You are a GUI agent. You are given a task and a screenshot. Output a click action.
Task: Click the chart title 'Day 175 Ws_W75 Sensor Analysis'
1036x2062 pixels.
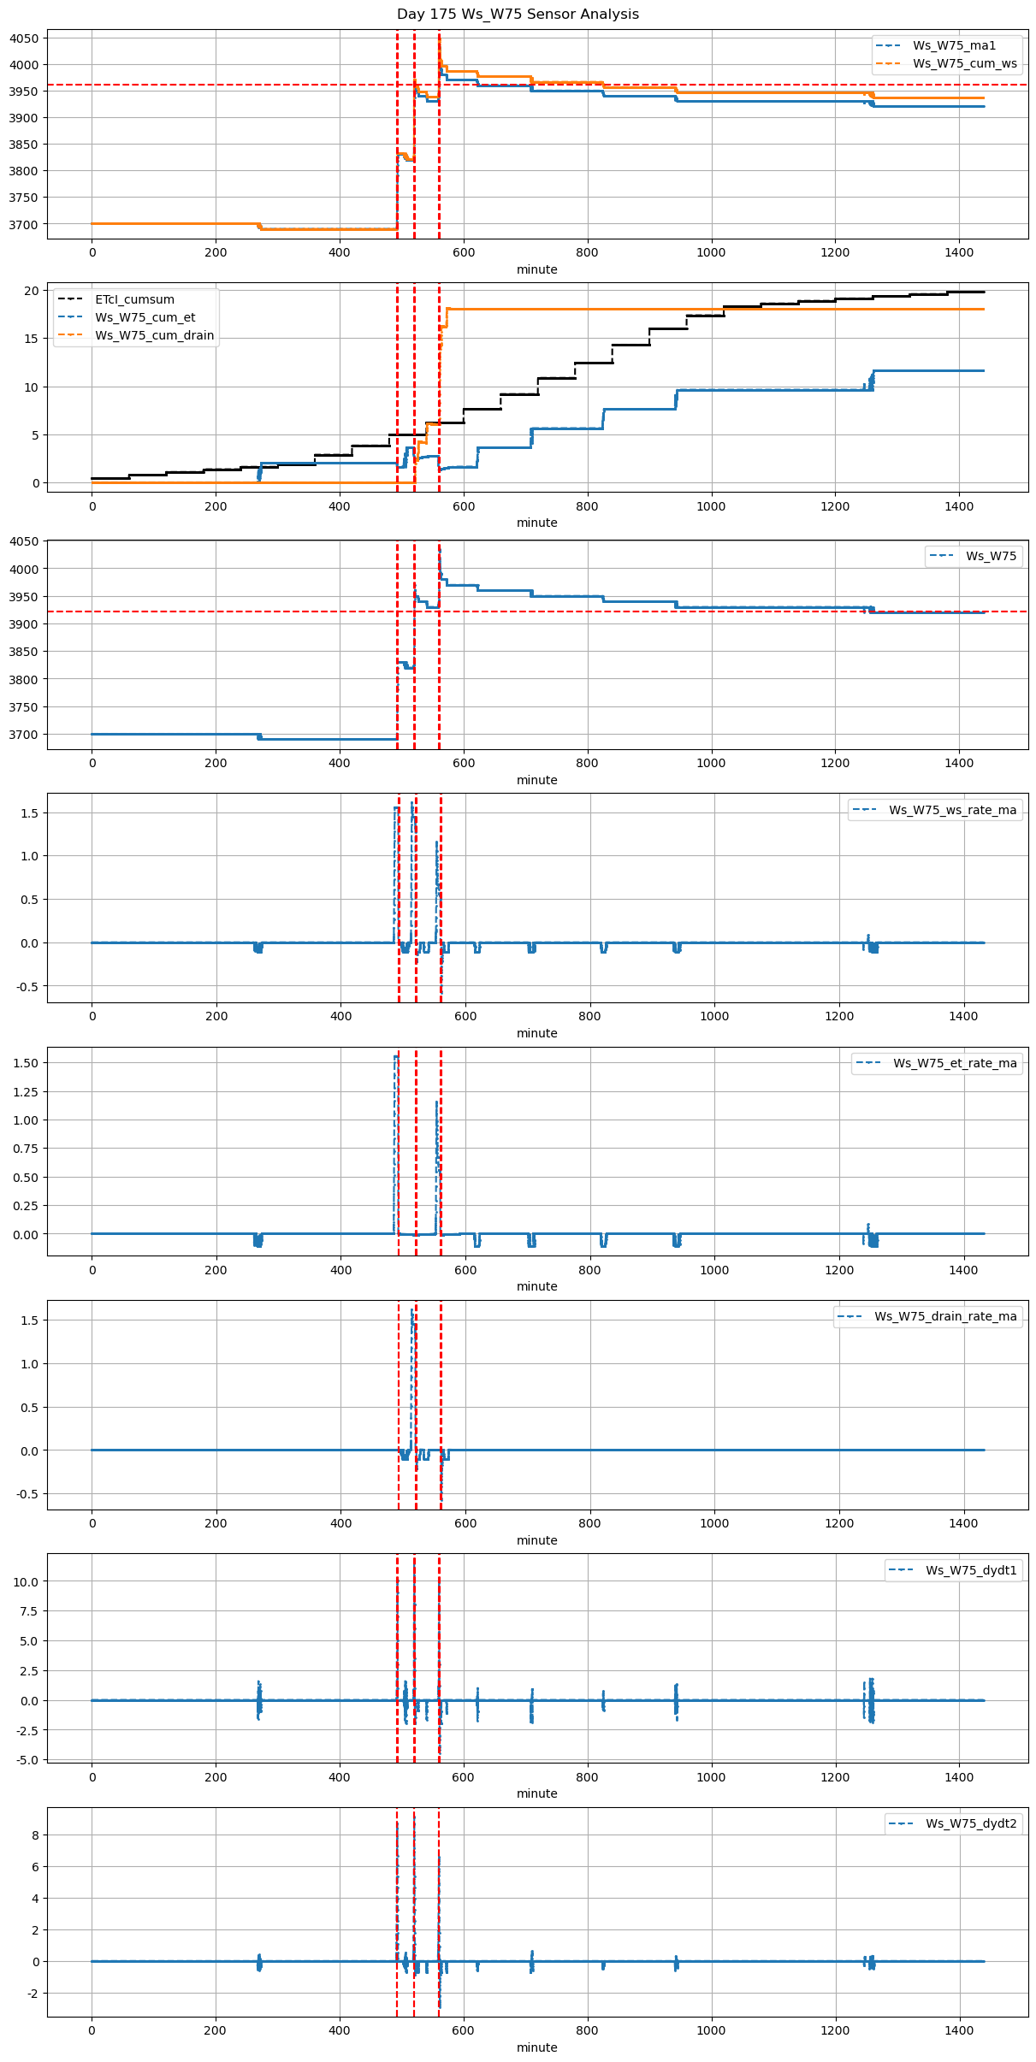(518, 14)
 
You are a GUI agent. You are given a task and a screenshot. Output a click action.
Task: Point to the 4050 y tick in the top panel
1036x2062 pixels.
(23, 38)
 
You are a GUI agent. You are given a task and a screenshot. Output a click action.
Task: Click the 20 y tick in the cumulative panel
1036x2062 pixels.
(32, 291)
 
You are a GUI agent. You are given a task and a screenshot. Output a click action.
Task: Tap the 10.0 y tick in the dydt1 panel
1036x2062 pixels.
(26, 1582)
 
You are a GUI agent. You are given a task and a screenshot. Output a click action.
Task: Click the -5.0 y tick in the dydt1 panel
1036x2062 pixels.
(26, 1760)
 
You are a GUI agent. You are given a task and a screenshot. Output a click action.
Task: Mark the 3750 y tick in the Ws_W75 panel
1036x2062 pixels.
(23, 707)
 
